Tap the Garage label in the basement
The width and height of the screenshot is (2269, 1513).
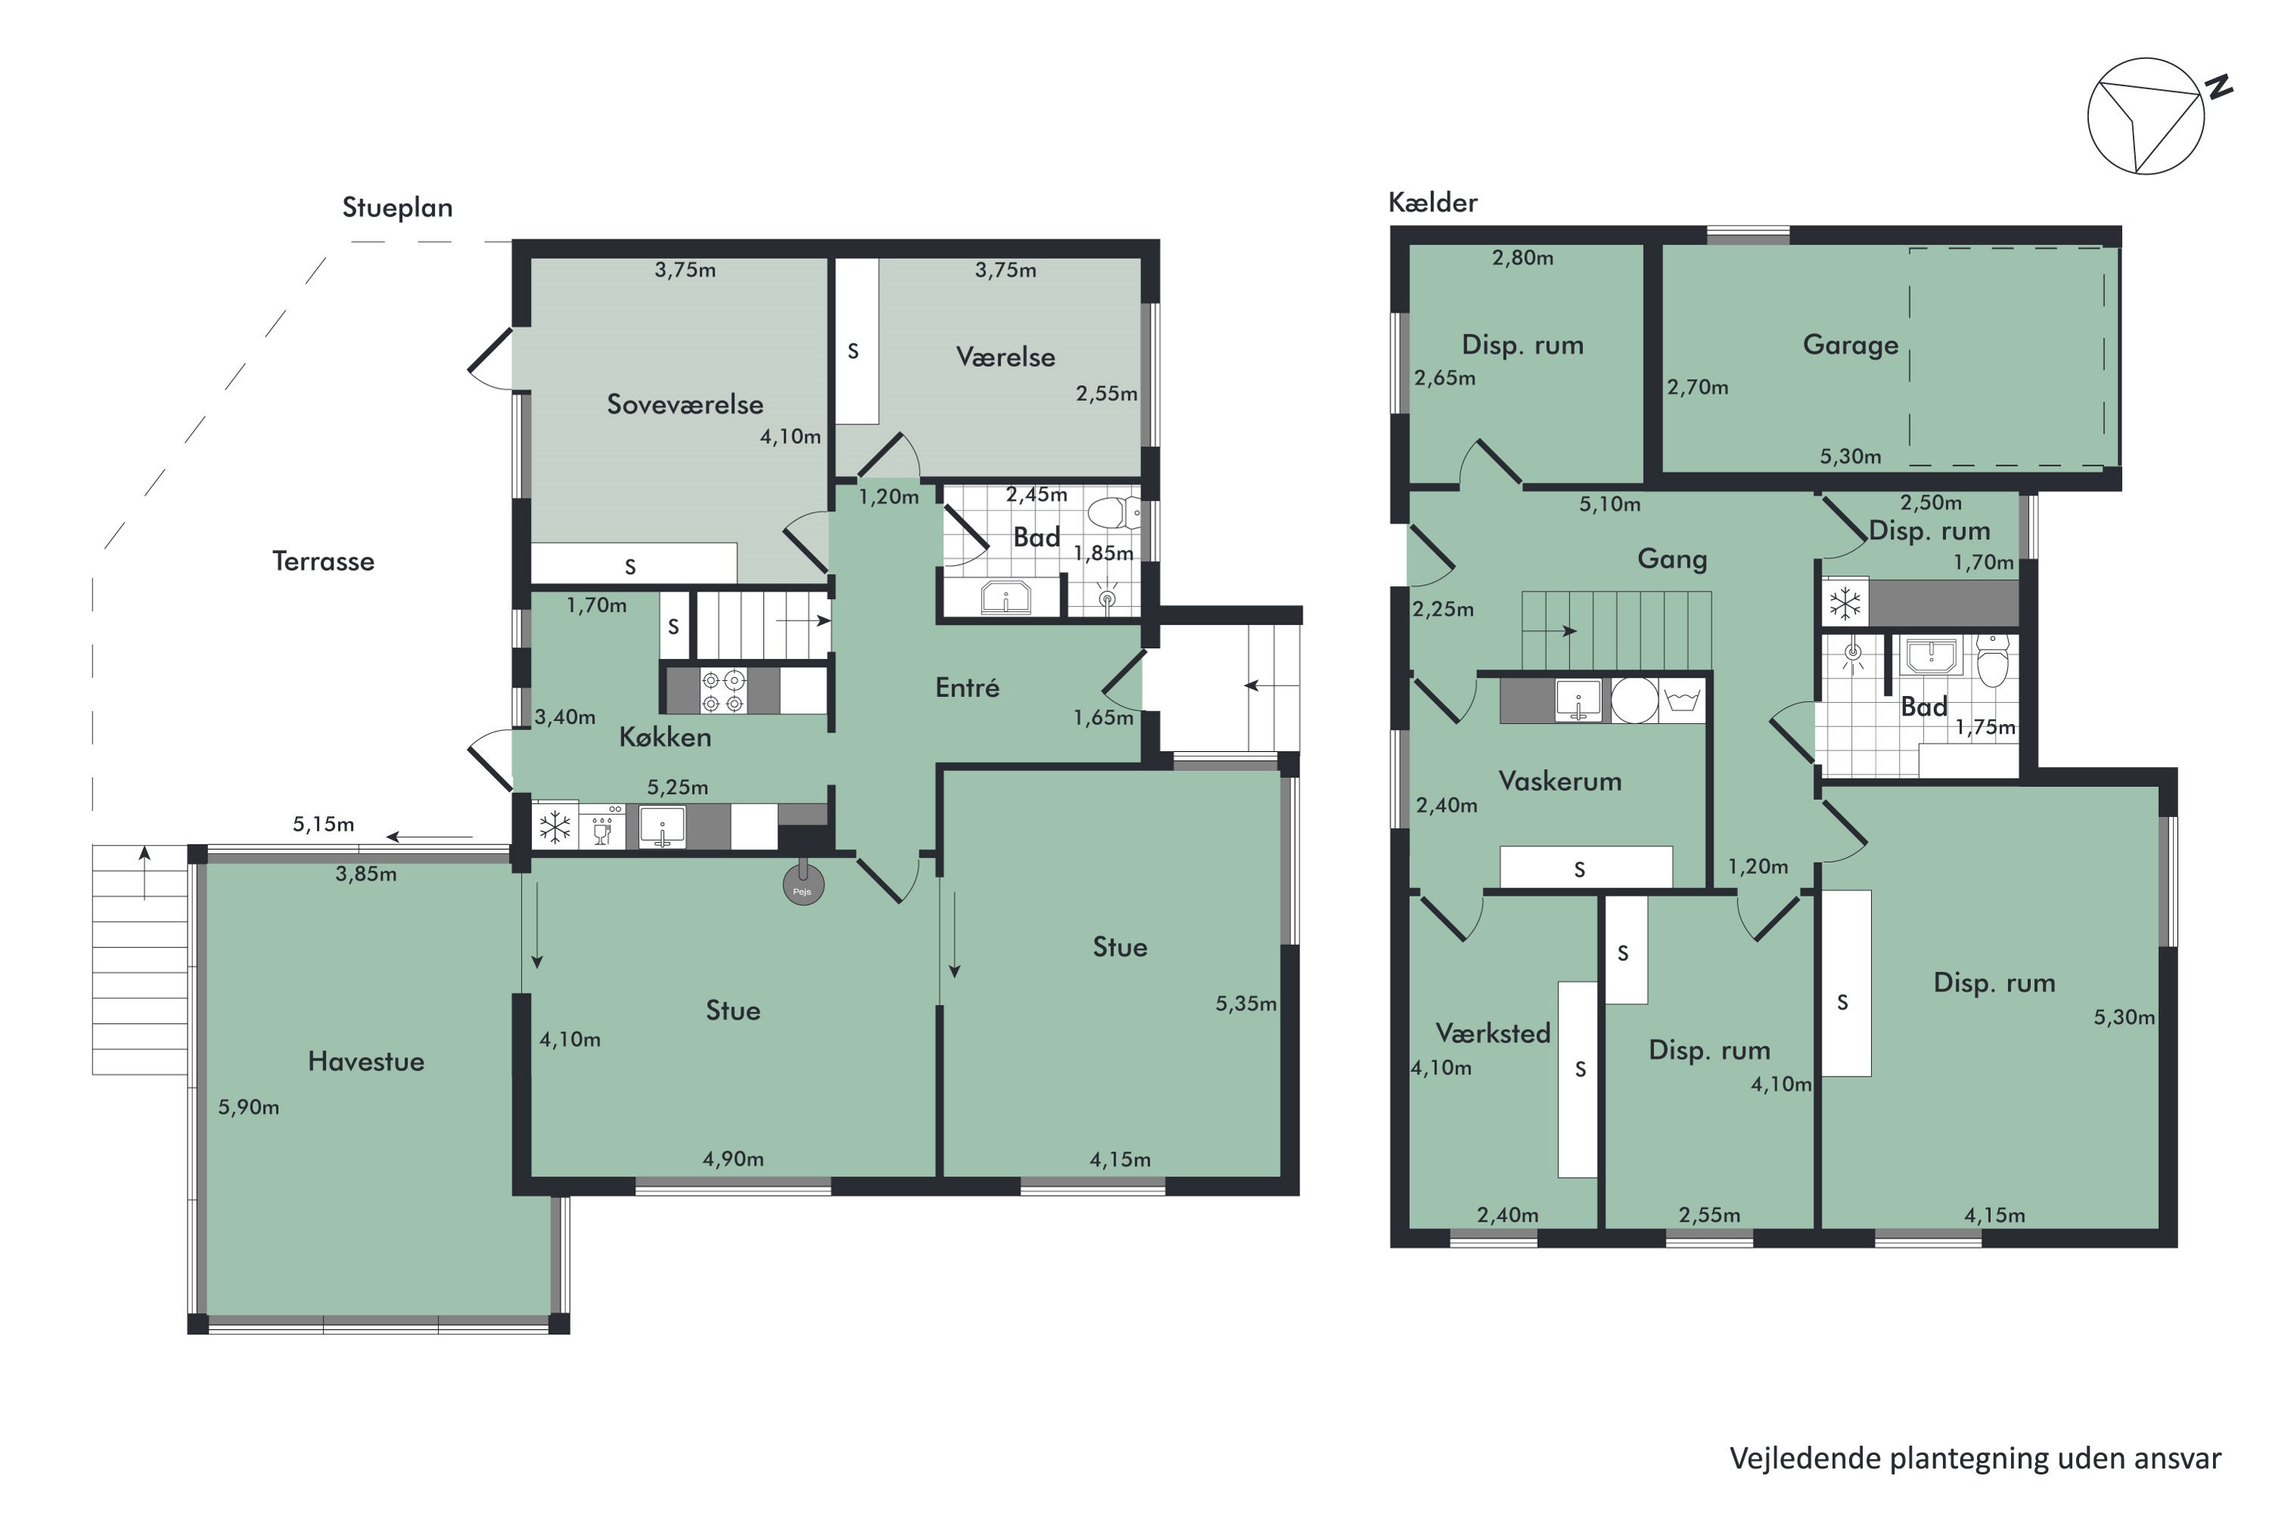(1849, 346)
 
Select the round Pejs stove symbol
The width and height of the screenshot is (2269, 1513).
(802, 885)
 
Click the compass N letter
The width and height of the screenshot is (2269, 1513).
(2219, 87)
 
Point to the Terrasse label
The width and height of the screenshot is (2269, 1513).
(323, 561)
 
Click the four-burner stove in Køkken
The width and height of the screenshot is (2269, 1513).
(722, 691)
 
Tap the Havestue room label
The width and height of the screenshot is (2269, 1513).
(365, 1061)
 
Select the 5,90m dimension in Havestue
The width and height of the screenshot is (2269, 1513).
(248, 1108)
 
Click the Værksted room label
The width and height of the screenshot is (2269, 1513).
(1492, 1033)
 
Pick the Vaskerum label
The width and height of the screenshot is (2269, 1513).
(1559, 781)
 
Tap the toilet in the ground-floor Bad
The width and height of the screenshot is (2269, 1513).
(1114, 512)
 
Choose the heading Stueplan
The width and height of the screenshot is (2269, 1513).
(398, 207)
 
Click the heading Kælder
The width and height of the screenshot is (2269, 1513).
(1432, 203)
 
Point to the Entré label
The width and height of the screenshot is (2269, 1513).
(967, 688)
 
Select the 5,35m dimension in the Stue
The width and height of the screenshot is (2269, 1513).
(1246, 1004)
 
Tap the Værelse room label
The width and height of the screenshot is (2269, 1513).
(1005, 357)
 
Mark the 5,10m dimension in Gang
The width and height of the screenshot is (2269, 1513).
(1609, 505)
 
